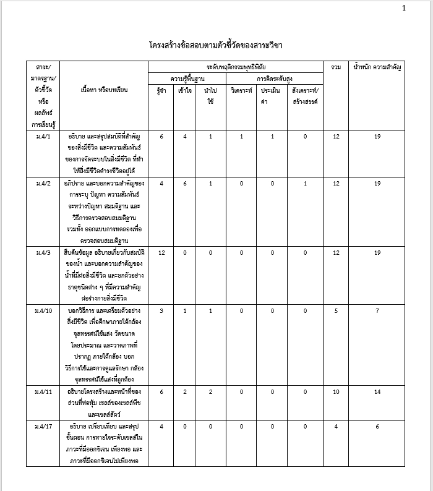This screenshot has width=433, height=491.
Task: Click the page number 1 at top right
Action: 404,8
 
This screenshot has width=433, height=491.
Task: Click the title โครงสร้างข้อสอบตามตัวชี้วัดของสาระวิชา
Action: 216,45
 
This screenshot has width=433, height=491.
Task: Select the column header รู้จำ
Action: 161,90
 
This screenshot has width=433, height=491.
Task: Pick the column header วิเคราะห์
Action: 242,90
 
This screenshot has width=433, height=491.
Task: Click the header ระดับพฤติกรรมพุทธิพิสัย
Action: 236,66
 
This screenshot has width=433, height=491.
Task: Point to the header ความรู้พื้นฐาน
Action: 187,79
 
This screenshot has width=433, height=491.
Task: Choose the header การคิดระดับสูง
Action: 275,79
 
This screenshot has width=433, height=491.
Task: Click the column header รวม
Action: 335,66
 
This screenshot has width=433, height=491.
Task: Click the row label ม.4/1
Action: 44,136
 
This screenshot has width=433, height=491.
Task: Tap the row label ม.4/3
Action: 44,253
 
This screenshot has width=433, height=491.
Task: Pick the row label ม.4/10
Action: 44,310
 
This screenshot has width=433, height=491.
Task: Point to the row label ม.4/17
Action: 44,427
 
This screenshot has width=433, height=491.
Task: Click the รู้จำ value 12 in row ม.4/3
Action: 161,253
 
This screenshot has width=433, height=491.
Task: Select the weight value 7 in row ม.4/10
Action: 377,310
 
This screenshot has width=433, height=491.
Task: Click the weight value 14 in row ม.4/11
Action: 377,392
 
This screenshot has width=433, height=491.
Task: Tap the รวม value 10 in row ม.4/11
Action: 335,392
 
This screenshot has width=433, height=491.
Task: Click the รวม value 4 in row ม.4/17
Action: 335,427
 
